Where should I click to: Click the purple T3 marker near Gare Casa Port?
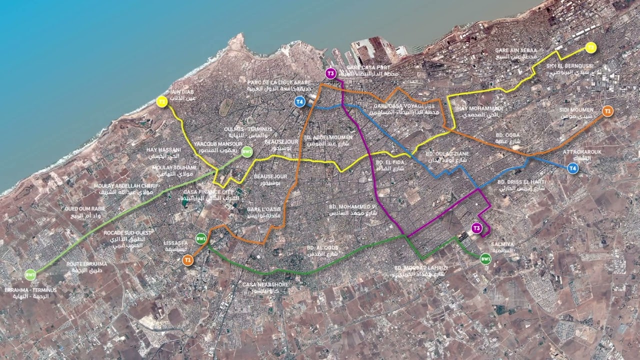(330, 73)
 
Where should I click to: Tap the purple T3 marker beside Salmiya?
(477, 228)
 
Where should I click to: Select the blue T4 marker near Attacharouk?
(572, 169)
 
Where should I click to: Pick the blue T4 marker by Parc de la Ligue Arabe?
(299, 102)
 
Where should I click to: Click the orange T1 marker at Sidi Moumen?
(607, 111)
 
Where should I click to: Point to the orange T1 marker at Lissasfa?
(188, 260)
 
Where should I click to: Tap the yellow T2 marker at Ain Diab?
(161, 102)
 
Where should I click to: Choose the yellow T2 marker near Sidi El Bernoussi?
(591, 47)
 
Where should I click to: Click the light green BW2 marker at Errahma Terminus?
(30, 274)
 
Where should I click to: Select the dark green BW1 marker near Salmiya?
(485, 258)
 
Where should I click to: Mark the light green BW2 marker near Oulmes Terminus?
(247, 152)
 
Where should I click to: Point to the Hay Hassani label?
(164, 153)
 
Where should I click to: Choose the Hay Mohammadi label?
(479, 112)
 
